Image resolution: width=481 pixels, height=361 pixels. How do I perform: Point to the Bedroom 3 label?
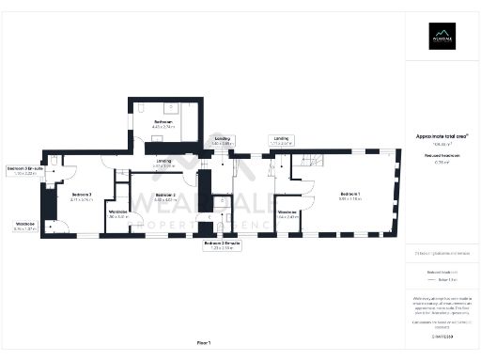[83, 196]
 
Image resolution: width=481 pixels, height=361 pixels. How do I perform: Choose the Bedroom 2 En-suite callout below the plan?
[223, 244]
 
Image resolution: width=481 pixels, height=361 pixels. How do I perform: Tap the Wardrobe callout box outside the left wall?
[24, 226]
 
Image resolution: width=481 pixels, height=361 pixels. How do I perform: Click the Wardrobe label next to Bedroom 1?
[288, 213]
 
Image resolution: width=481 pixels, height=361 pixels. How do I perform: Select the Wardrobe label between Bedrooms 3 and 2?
[117, 213]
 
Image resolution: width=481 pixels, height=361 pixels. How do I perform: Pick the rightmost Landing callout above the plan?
[281, 140]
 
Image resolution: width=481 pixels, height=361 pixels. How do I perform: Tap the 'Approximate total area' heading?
[442, 136]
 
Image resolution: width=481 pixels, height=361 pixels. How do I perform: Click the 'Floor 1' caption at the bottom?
[204, 341]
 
